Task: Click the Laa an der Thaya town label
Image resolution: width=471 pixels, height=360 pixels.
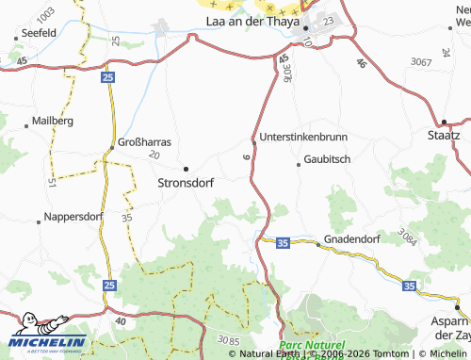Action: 254,21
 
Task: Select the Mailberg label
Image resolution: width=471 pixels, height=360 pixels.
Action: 53,122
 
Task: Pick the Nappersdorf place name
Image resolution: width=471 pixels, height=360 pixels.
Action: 74,220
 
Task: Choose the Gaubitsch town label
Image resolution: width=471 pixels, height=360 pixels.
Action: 328,160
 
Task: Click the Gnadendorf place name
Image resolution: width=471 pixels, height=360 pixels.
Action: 354,239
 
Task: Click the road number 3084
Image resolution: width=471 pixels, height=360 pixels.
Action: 408,233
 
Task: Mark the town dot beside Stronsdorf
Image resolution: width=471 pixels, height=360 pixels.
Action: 186,169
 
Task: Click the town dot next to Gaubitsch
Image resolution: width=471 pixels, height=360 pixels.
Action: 300,165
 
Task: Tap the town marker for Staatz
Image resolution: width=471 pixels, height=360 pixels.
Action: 444,122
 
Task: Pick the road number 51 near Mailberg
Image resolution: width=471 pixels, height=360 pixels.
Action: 52,180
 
